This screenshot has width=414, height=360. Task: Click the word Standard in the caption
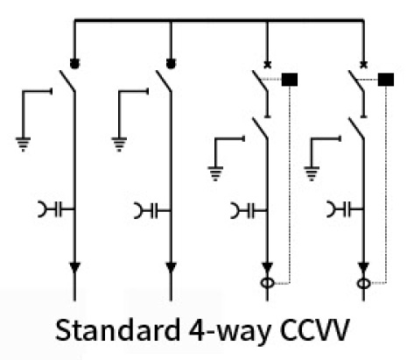pos(117,330)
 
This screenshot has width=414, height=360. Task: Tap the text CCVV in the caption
pos(314,330)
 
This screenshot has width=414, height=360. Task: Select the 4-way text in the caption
pos(229,332)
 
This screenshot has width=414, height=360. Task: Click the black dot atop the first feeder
pos(74,63)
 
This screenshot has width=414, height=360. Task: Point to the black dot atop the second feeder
pos(171,63)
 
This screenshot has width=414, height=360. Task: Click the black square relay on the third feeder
pos(290,80)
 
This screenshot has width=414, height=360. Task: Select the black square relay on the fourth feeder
pos(386,80)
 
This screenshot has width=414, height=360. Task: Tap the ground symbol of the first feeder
pos(23,145)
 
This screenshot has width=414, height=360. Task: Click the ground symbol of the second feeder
pos(119,145)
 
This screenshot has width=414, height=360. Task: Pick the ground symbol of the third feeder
pos(215,173)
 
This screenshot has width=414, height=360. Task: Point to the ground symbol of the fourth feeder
pos(312,173)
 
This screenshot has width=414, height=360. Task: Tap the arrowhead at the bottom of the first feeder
pos(74,267)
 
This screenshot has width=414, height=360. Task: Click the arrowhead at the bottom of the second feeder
pos(171,267)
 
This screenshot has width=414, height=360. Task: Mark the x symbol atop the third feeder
pos(267,65)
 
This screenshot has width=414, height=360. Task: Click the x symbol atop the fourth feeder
pos(363,65)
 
